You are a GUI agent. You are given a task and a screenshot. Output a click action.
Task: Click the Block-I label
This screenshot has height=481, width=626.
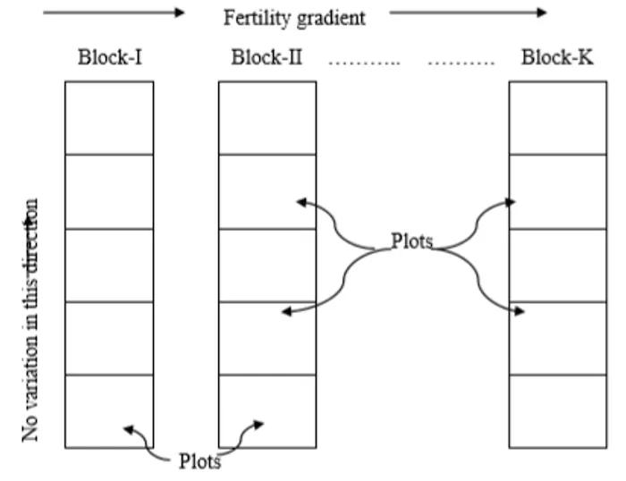109,59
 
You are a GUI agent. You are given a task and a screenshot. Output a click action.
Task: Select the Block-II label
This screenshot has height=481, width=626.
266,59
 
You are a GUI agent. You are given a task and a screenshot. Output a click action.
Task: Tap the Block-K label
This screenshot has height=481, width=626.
556,59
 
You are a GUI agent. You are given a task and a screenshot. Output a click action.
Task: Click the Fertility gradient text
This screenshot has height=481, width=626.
294,17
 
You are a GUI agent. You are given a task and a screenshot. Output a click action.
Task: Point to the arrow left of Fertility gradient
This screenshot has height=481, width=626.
114,13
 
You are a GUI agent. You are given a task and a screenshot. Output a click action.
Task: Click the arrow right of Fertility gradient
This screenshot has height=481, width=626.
468,13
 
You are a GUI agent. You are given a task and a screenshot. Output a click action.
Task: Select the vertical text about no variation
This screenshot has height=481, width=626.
32,318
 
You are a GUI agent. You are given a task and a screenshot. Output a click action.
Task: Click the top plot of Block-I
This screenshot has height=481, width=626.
109,118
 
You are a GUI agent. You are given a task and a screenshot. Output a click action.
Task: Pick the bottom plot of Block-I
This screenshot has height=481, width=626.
109,411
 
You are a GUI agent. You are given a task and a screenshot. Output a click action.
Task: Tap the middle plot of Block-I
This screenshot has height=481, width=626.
109,266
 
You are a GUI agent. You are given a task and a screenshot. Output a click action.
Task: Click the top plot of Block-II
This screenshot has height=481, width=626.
267,118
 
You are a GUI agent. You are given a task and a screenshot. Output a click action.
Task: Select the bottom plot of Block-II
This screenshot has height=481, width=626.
267,411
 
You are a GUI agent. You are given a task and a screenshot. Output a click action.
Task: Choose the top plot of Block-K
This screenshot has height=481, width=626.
556,118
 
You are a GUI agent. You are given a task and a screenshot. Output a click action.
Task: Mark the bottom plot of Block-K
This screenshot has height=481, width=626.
556,411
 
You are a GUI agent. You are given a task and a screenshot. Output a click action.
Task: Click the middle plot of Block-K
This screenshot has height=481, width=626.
556,266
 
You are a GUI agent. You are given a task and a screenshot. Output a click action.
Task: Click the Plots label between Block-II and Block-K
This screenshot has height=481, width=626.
412,241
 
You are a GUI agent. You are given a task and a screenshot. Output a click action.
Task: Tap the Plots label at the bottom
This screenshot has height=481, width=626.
199,460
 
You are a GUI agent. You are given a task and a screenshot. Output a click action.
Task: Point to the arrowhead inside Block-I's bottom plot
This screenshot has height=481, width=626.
129,430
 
